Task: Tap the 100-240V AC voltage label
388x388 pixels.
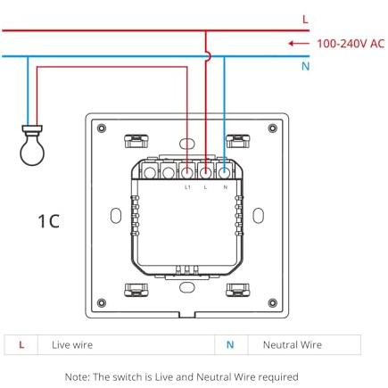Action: [351, 44]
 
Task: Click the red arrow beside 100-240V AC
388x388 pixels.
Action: [299, 44]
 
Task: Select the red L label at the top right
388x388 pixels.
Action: [305, 20]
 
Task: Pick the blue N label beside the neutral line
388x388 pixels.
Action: [306, 66]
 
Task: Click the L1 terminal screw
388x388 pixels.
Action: [187, 172]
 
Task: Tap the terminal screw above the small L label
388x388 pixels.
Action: [206, 172]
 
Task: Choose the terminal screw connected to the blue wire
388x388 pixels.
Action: [225, 172]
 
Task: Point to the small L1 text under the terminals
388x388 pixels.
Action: [187, 187]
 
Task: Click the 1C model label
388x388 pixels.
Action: [49, 221]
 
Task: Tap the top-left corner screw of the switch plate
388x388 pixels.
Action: [102, 128]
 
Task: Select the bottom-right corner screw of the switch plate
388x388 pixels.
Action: [272, 303]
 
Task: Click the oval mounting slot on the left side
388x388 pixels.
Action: [116, 216]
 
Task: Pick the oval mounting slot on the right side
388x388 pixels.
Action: [258, 216]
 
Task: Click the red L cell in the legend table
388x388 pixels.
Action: [21, 345]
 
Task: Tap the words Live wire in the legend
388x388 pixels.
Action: [72, 345]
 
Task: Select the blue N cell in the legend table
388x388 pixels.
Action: [230, 345]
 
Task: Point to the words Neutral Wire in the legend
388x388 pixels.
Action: [293, 345]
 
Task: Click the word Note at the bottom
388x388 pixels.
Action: [77, 377]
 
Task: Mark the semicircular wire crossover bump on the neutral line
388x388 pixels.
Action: [209, 56]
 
